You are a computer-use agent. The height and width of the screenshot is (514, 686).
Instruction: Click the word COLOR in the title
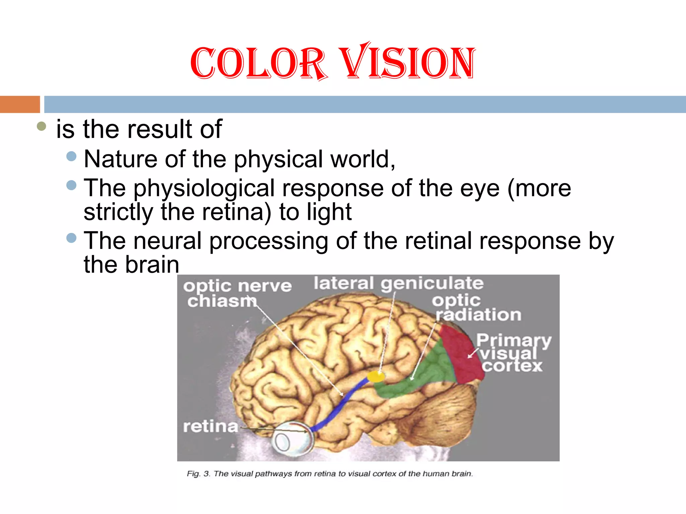[x=258, y=63]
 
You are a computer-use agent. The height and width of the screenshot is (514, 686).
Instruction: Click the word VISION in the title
[x=407, y=62]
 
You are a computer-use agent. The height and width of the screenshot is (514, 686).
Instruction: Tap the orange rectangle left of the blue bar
[x=20, y=104]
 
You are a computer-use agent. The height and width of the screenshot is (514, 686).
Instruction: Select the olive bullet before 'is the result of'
[x=41, y=126]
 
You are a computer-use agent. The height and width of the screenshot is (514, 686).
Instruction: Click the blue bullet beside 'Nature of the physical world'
[x=71, y=156]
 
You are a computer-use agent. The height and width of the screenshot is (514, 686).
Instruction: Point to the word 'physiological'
[x=204, y=188]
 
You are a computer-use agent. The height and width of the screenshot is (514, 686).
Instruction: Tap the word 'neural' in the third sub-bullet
[x=167, y=241]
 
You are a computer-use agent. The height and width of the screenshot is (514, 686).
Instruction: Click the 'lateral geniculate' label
[x=399, y=283]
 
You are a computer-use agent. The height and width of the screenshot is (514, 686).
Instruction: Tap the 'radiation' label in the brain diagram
[x=478, y=315]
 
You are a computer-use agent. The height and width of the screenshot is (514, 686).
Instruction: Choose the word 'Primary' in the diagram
[x=513, y=341]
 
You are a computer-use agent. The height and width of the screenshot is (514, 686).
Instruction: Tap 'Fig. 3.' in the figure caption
[x=198, y=474]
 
